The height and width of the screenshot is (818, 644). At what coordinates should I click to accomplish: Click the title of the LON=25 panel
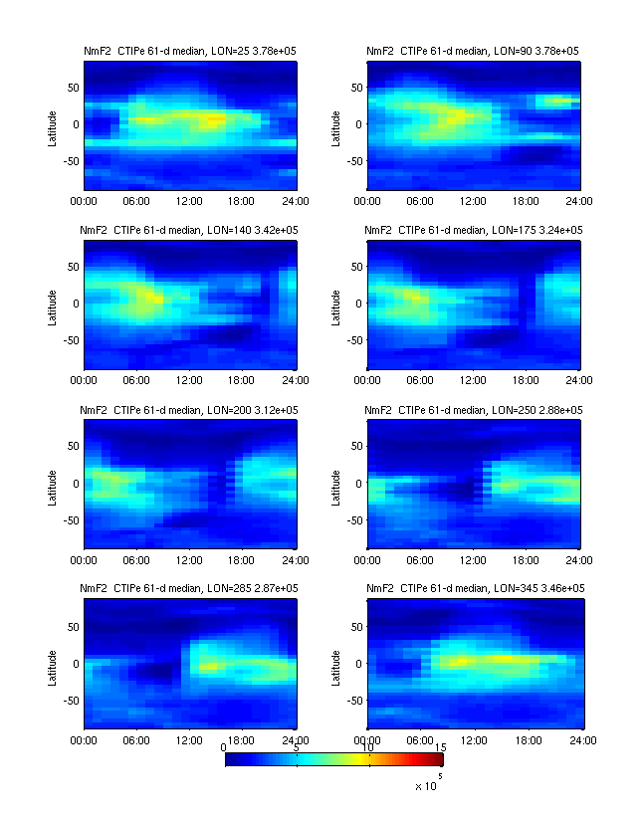[190, 50]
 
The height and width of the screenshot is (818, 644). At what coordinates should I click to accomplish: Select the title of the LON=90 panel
[474, 50]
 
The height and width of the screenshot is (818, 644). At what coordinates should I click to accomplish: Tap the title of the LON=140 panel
[190, 230]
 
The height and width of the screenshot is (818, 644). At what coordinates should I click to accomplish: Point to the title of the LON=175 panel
[474, 230]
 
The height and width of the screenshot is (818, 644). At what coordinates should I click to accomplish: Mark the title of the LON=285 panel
[190, 589]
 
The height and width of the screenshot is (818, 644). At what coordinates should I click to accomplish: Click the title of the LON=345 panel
[474, 589]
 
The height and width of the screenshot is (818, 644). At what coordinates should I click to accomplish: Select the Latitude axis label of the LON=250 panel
[336, 485]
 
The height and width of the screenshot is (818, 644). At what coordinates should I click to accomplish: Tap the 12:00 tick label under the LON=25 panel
[190, 200]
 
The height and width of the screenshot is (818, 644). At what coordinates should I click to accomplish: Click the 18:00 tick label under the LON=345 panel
[529, 740]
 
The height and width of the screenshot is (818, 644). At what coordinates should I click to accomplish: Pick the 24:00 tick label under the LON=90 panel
[580, 200]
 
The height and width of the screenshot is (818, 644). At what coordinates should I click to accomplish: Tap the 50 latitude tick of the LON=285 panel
[72, 626]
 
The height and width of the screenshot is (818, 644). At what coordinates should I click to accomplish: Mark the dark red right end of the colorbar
[438, 760]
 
